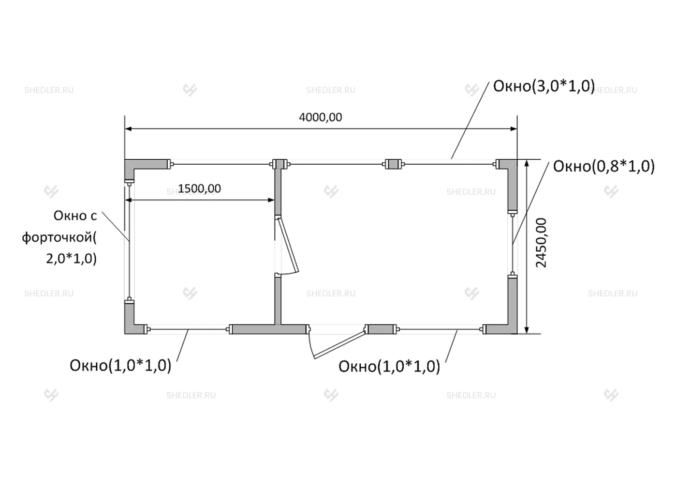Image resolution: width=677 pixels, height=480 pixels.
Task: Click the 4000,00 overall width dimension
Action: coord(320,117)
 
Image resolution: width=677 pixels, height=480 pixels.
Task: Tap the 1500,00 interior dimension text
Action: coord(199,189)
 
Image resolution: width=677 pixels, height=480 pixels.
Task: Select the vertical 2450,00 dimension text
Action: coord(541,243)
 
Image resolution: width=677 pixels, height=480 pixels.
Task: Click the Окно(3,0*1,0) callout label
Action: coord(544,86)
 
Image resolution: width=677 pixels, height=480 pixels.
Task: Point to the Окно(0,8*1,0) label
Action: coord(603,166)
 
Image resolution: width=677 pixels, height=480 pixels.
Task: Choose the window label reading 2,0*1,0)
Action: coord(72,259)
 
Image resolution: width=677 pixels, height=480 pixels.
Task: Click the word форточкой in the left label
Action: coord(59,237)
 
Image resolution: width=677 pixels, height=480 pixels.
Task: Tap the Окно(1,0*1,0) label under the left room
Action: coord(120,365)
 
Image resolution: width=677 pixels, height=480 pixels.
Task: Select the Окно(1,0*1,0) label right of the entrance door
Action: coord(389,366)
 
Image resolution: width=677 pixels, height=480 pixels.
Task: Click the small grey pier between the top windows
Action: coord(393,164)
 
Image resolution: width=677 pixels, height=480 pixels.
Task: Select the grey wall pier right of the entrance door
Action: coord(381,329)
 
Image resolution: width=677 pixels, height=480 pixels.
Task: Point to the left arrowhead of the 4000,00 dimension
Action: coord(128,129)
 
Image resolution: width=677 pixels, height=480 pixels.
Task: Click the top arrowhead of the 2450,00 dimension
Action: coord(527,163)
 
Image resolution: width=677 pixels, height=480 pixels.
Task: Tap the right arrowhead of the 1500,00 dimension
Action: coord(271,200)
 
